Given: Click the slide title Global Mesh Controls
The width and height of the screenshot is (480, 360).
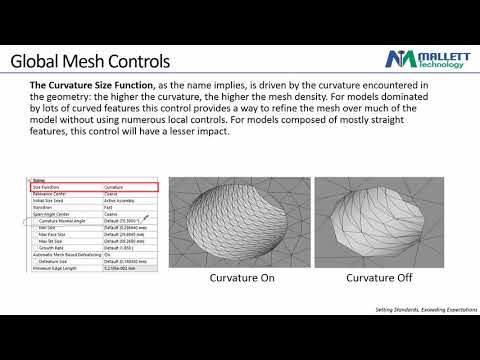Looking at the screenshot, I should [90, 62].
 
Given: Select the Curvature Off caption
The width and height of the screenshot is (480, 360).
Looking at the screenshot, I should [380, 278].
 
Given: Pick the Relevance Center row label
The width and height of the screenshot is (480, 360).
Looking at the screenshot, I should [52, 193].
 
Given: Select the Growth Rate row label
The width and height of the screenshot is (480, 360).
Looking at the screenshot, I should [51, 247].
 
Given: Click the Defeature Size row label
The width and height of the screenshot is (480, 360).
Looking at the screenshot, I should [54, 260].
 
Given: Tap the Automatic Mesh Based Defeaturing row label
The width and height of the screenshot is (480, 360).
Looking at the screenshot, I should [66, 254].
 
